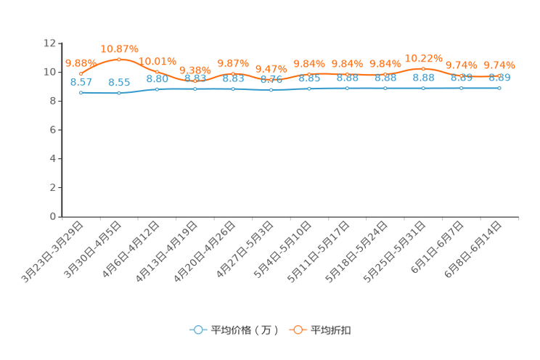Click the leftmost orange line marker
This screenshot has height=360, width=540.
[x=81, y=73]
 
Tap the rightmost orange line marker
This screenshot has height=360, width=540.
[x=499, y=75]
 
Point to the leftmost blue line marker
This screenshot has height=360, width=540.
[x=81, y=93]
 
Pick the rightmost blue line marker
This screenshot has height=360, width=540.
[x=499, y=87]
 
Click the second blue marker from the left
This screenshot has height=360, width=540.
[x=119, y=93]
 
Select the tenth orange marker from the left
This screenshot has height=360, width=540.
[x=423, y=68]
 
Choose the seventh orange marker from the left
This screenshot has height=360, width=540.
[x=309, y=73]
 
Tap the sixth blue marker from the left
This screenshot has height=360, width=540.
[x=271, y=89]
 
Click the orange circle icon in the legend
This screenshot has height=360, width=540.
[x=298, y=330]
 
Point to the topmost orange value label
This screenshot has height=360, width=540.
[x=119, y=49]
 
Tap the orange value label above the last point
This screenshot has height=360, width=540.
[x=499, y=65]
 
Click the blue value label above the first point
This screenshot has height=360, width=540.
[x=81, y=81]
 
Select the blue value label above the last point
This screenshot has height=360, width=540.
[x=499, y=77]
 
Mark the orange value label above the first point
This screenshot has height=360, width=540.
[x=77, y=62]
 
